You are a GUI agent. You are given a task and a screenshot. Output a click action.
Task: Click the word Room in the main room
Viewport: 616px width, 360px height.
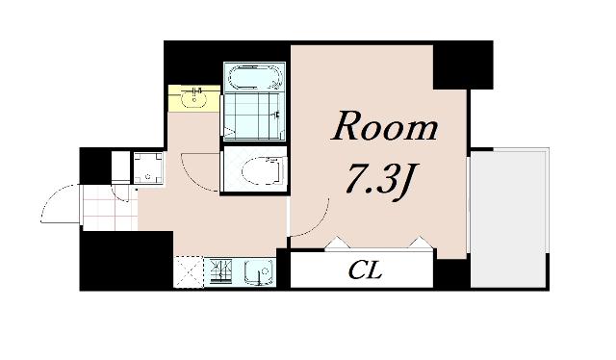point(384,125)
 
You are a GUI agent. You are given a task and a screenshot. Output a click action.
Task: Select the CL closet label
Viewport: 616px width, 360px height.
point(366,270)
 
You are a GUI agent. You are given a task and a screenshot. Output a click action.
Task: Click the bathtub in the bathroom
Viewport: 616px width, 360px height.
point(254,77)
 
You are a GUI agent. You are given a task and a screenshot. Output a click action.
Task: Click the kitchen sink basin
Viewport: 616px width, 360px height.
point(259,271)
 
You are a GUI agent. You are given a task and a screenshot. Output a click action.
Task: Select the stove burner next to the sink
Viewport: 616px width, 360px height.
point(221,271)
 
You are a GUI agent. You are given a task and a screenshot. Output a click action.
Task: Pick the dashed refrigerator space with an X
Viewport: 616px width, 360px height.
point(189,271)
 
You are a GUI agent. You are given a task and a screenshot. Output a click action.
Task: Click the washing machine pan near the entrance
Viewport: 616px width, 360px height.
point(147,167)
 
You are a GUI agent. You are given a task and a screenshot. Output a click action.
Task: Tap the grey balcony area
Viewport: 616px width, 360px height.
point(509,219)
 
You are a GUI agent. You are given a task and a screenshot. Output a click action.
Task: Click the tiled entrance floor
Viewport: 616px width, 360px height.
point(111,208)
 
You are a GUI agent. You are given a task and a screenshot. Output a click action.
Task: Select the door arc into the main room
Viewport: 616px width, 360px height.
point(320,224)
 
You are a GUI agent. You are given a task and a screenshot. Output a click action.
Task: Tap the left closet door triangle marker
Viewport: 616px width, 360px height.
point(338,243)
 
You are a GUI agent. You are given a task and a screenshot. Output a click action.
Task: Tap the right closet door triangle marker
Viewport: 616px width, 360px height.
point(421,243)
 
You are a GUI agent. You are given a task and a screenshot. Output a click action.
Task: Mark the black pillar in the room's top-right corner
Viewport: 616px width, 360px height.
point(463,64)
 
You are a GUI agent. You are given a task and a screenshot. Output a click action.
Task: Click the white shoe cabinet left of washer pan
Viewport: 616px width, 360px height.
point(120,167)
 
